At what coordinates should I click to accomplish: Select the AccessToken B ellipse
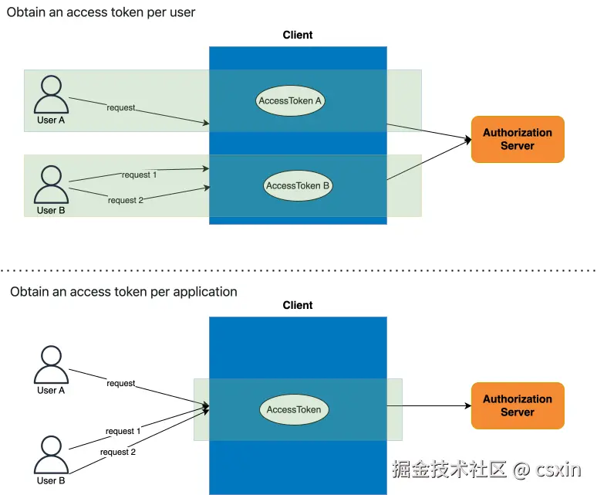click(298, 186)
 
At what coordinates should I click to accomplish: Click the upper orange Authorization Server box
click(518, 139)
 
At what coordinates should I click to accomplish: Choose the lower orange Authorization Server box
click(518, 405)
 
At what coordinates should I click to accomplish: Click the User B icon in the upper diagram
click(51, 185)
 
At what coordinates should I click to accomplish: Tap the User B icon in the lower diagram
click(51, 456)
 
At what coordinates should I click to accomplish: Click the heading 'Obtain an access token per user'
click(101, 12)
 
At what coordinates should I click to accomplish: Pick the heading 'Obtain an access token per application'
click(123, 292)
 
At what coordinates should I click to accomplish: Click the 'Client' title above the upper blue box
click(298, 35)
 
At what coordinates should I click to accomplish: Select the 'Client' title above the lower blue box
click(298, 305)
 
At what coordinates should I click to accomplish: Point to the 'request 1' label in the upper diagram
click(138, 175)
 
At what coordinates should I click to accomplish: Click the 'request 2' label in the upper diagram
click(126, 200)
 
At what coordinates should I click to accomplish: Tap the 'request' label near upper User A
click(121, 107)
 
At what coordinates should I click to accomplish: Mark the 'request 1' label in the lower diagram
click(123, 431)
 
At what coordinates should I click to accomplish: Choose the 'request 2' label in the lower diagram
click(117, 452)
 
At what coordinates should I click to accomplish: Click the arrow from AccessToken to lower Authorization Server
click(428, 405)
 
